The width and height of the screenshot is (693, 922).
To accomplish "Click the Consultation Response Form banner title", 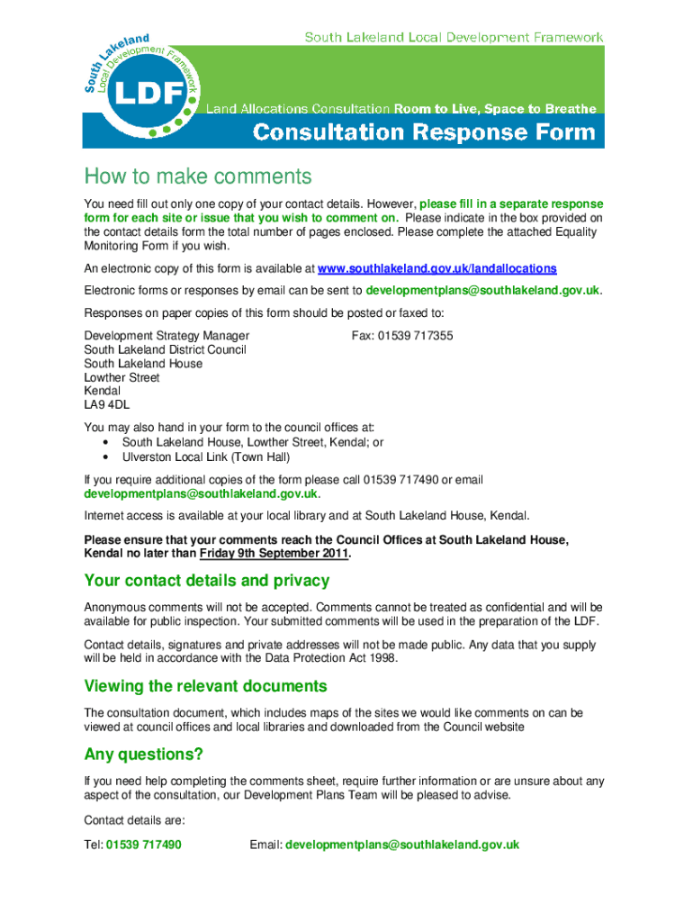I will point(424,133).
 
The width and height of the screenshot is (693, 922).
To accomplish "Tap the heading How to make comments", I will point(197,176).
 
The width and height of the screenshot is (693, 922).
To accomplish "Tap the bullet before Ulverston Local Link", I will point(107,456).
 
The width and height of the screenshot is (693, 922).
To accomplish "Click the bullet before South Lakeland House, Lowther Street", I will point(107,443).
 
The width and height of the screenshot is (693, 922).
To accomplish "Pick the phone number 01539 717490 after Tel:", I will point(144,845).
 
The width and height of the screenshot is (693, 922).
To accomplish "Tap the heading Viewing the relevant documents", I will point(205,686).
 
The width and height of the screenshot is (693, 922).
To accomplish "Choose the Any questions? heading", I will point(143,753).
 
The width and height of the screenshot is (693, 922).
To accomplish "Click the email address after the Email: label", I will point(402,845).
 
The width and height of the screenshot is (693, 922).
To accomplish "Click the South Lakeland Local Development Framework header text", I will point(454,38).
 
